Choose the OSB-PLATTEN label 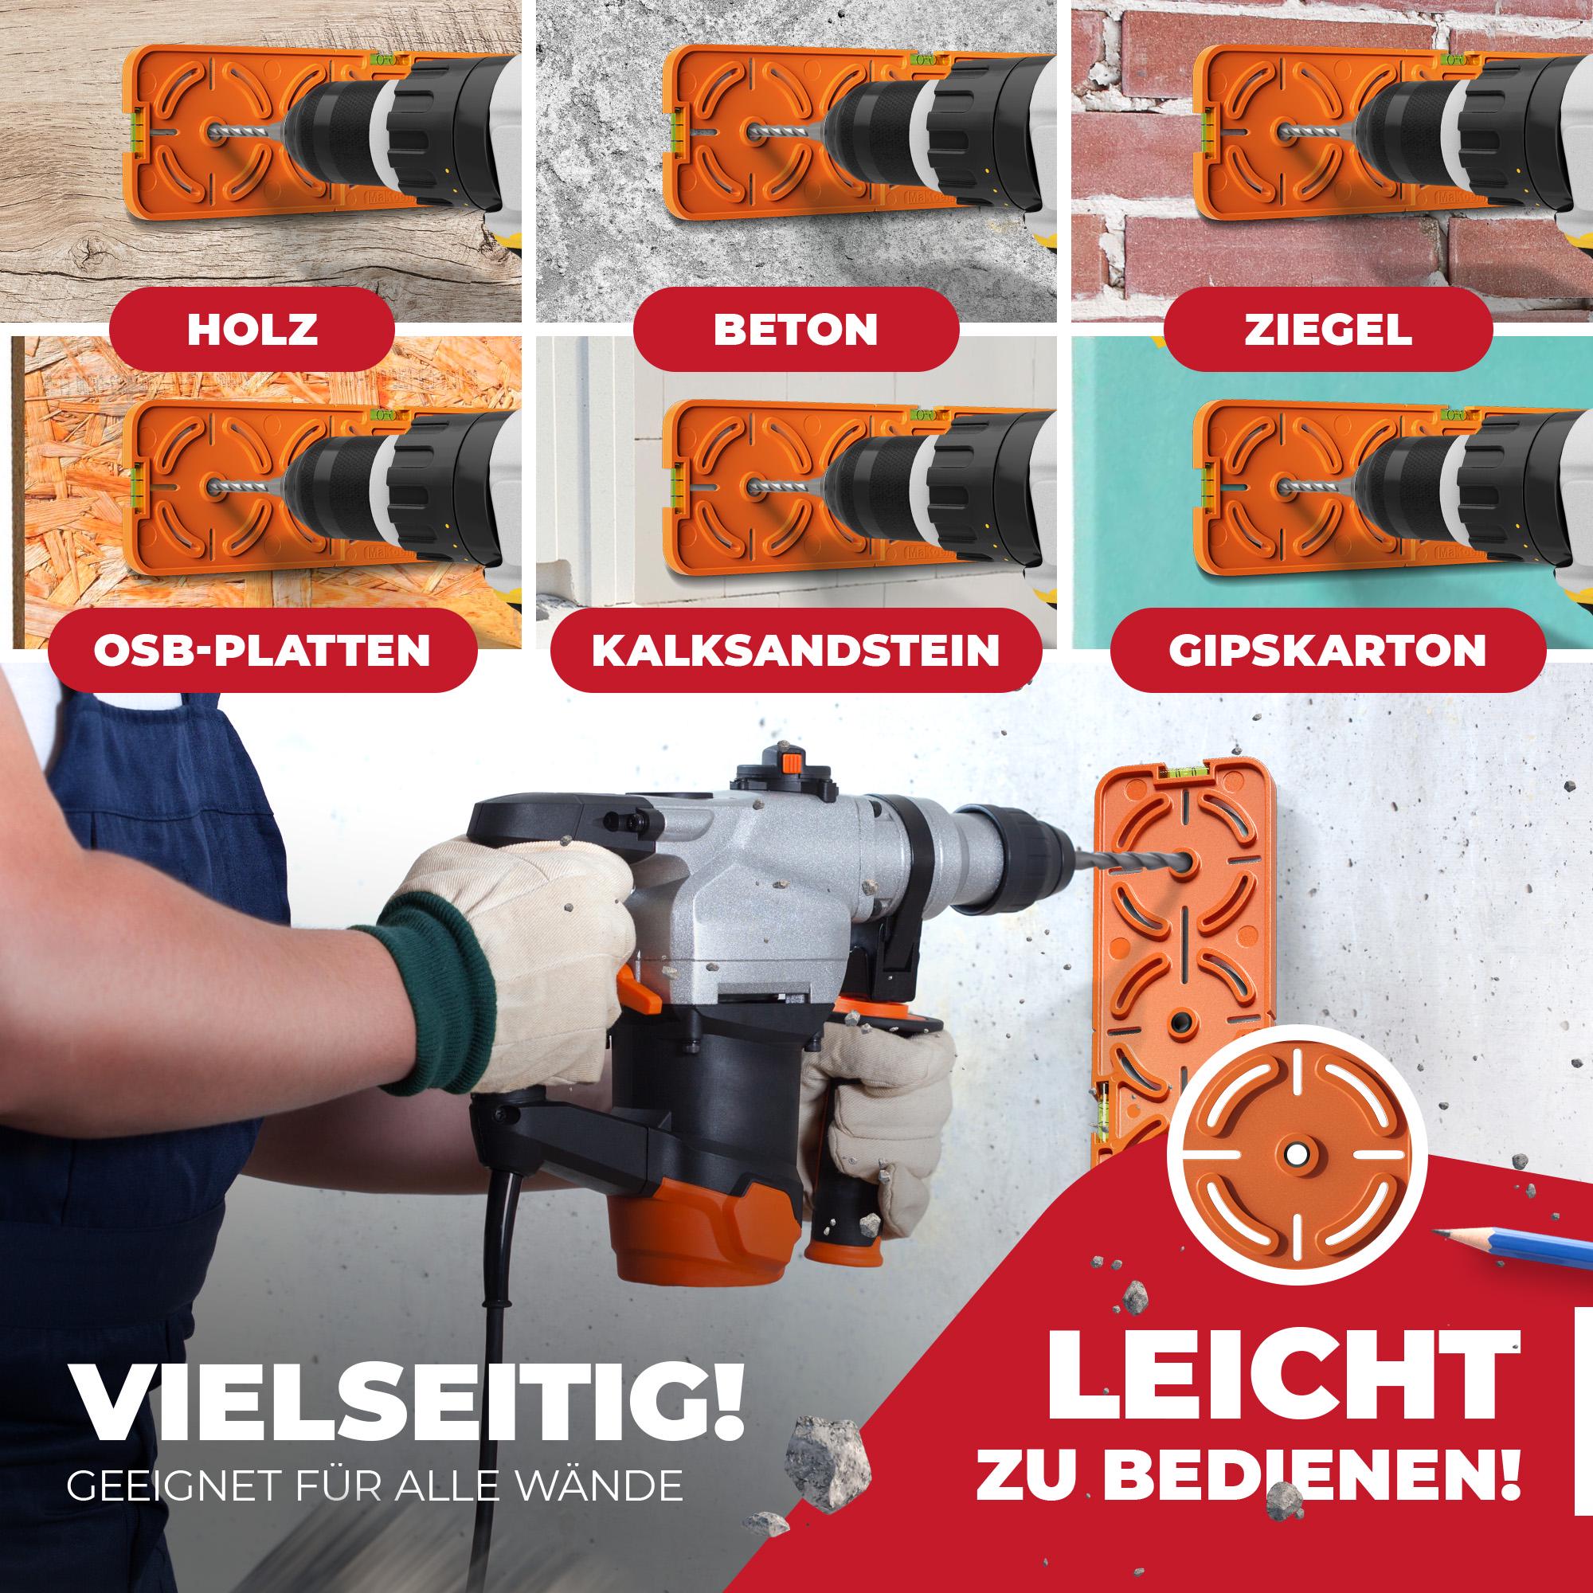point(262,651)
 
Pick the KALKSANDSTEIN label point(796,651)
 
